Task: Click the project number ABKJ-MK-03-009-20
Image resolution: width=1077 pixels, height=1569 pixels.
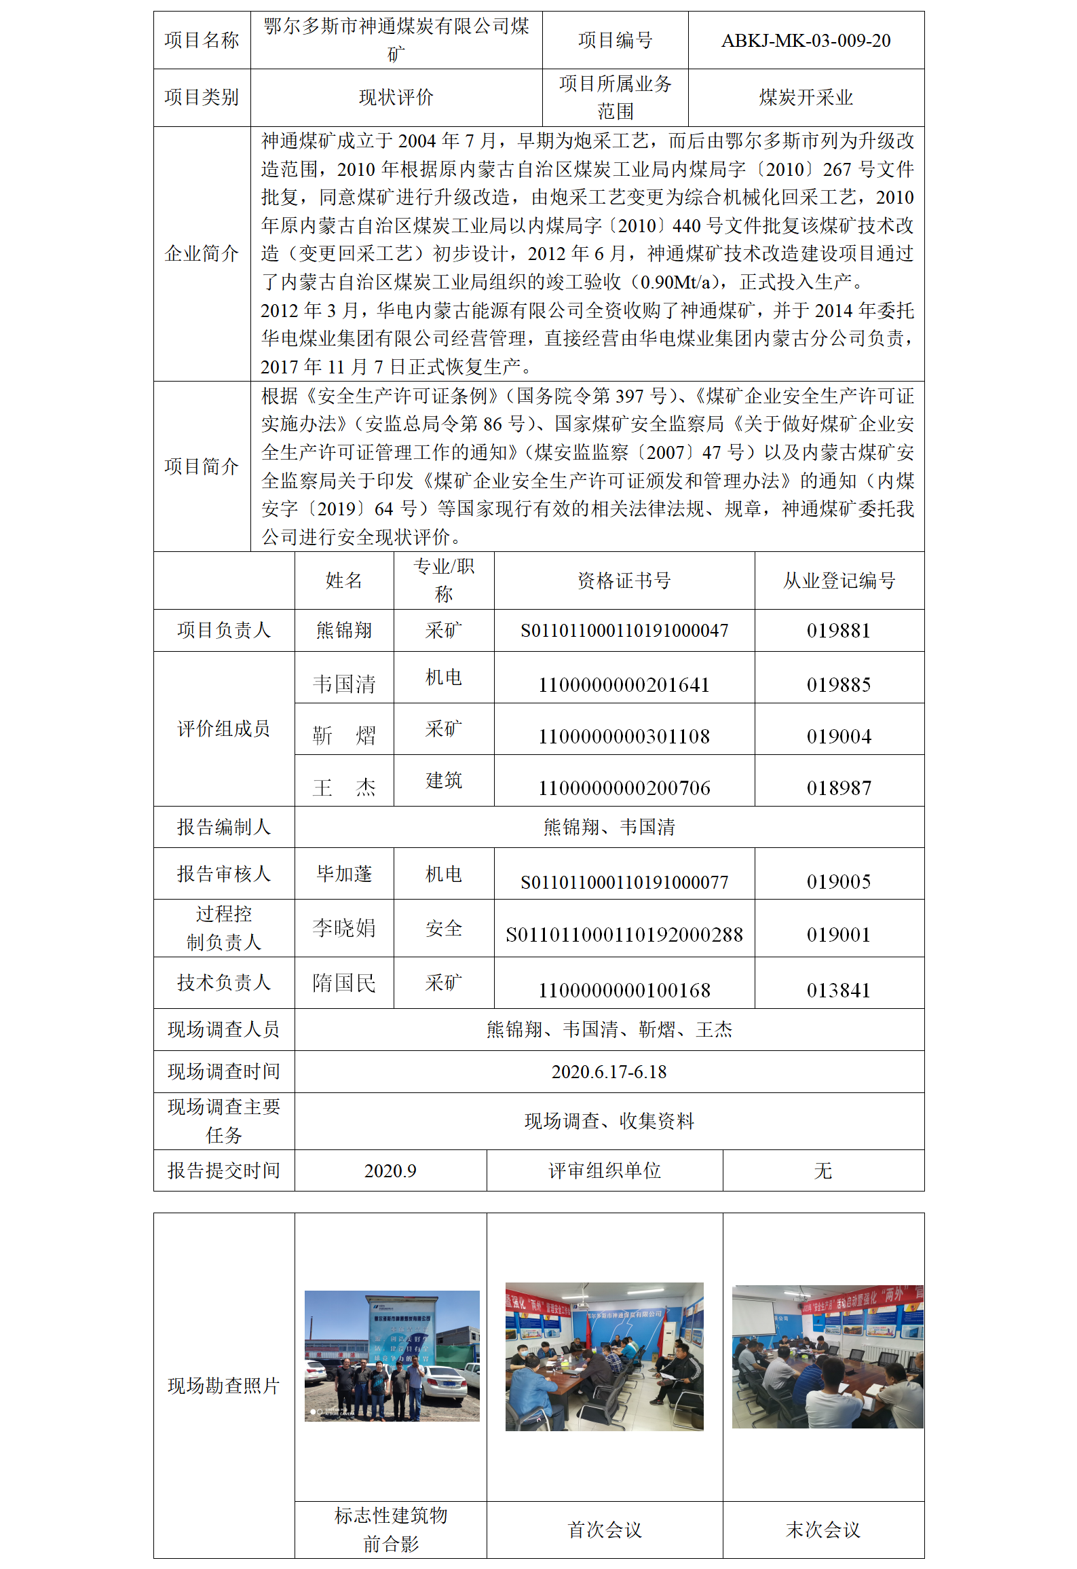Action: pos(806,41)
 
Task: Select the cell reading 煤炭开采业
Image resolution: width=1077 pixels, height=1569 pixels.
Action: pos(806,98)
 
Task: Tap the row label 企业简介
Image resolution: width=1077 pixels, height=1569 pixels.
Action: pos(202,254)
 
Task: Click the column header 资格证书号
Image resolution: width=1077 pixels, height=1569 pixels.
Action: pos(624,580)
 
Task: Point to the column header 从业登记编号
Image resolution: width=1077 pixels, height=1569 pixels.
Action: pos(839,580)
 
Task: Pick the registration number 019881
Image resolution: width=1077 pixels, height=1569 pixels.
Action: pos(839,631)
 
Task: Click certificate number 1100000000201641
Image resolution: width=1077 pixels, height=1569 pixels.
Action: pos(624,685)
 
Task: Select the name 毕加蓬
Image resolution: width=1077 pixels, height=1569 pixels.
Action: pos(344,874)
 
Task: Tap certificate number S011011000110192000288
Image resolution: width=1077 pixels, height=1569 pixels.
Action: pos(624,935)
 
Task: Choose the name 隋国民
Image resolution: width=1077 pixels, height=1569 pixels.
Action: pos(344,983)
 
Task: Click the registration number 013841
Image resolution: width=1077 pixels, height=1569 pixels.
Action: pos(839,991)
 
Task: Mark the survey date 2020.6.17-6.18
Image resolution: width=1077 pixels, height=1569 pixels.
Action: pos(609,1072)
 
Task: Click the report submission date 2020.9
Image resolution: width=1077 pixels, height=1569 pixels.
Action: pos(390,1171)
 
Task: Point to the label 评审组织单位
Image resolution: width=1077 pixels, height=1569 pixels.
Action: pos(605,1171)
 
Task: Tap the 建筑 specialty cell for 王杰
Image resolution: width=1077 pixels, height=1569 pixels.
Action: pos(444,781)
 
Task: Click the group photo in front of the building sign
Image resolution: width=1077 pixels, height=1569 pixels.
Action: pos(392,1356)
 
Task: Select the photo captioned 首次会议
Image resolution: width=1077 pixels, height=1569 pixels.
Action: pos(604,1356)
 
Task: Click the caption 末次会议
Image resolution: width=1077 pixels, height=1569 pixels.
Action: pos(823,1530)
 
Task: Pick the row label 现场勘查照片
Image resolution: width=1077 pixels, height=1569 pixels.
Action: pos(224,1386)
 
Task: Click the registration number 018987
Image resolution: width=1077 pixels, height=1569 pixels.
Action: pos(839,788)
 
